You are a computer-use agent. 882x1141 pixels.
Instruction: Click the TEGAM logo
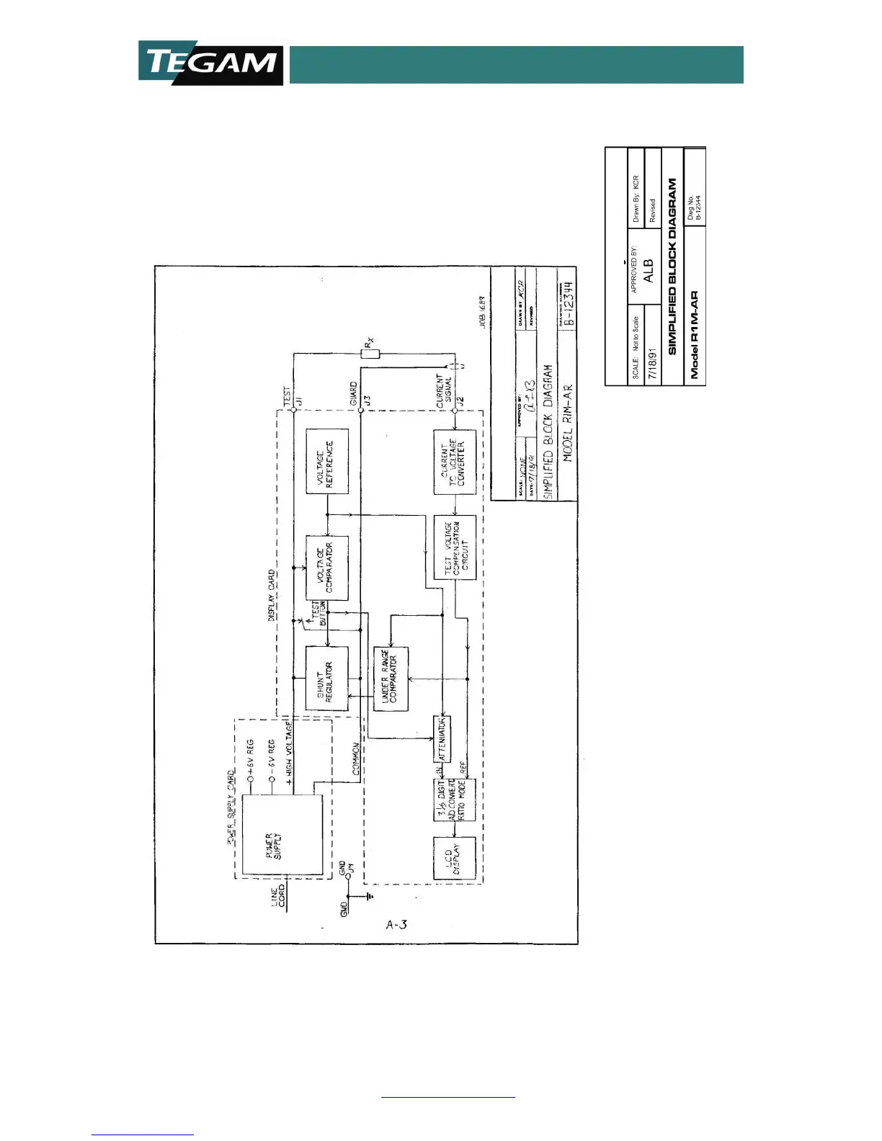(210, 63)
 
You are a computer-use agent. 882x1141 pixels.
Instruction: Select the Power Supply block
(282, 835)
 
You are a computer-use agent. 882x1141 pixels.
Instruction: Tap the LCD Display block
(455, 858)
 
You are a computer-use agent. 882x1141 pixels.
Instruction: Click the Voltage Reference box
(327, 461)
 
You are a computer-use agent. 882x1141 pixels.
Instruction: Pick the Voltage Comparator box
(327, 568)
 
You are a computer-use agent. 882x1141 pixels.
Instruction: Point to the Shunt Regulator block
(326, 678)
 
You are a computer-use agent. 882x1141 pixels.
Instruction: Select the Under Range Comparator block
(391, 679)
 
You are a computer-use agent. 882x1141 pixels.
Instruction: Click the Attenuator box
(442, 739)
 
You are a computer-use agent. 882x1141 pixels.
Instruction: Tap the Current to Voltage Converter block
(455, 462)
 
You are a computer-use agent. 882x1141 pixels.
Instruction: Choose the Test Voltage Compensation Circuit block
(455, 547)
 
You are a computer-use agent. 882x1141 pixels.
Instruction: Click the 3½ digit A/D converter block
(455, 800)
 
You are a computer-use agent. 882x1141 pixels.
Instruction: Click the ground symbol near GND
(370, 896)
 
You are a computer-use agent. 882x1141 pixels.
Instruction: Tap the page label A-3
(396, 924)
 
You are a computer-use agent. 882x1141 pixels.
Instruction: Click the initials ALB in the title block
(648, 271)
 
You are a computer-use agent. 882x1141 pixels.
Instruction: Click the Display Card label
(272, 595)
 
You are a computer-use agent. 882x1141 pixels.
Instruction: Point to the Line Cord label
(278, 897)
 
